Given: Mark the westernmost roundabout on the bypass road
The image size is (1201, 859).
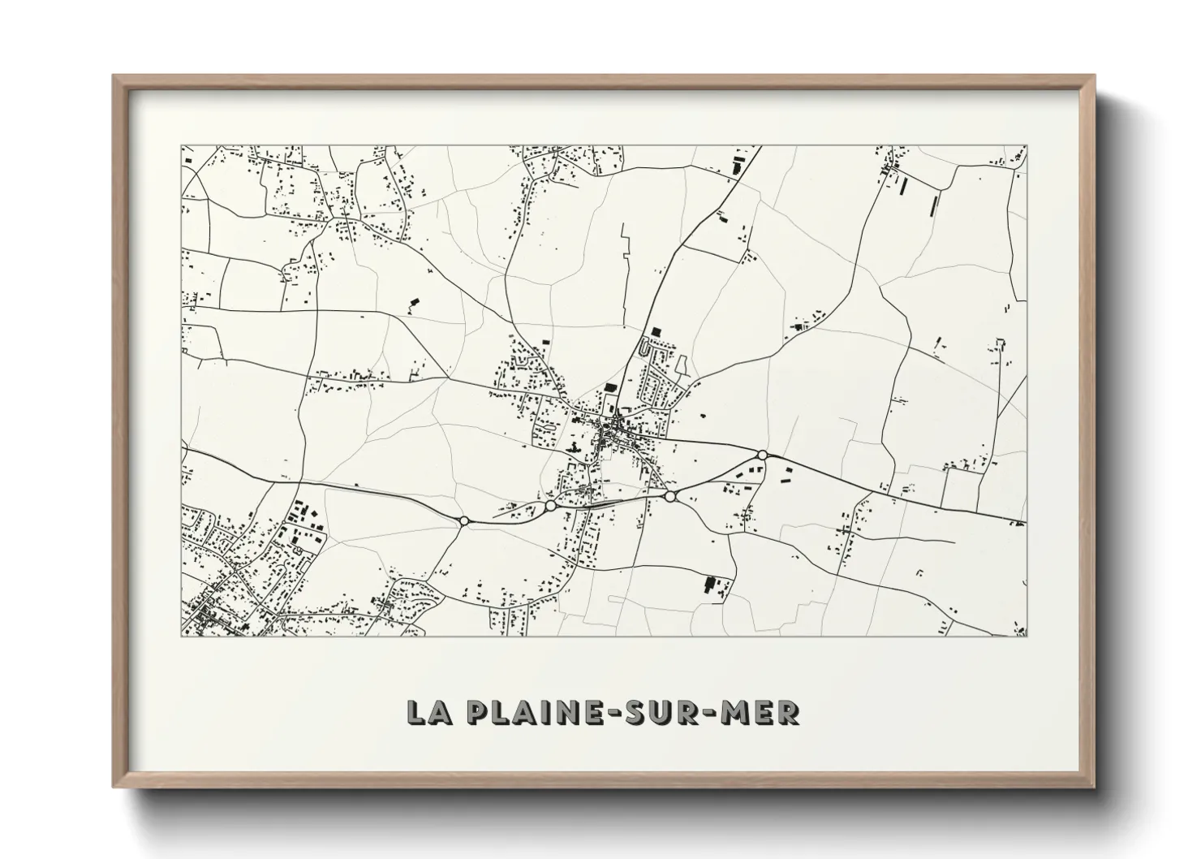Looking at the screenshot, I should click(463, 520).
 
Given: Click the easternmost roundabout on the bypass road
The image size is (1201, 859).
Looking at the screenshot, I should click(762, 455).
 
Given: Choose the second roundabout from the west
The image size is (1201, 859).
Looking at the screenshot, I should click(551, 506).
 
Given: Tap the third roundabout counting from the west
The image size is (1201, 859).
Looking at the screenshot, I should click(669, 496).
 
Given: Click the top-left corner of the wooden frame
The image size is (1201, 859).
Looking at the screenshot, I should click(114, 76).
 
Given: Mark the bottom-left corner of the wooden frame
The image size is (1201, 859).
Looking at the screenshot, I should click(114, 787).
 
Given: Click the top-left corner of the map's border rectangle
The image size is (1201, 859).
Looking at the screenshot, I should click(181, 146).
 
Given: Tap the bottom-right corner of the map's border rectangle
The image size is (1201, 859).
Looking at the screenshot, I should click(1027, 637).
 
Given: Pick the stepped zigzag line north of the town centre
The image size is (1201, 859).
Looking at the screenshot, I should click(626, 268).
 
